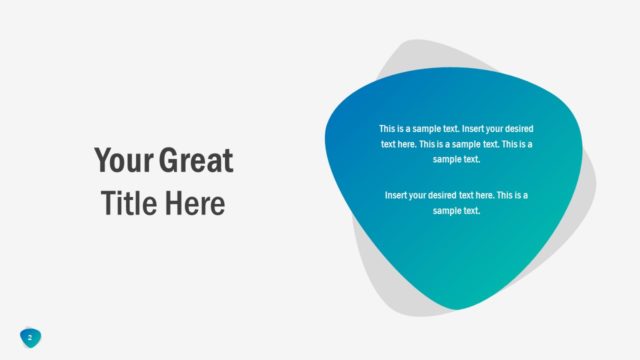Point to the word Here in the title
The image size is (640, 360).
(196, 204)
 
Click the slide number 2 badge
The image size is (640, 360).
(30, 338)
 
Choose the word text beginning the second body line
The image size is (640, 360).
(389, 144)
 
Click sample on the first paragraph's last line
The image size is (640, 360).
(449, 159)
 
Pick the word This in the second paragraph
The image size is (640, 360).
(511, 195)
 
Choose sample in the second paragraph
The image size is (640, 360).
(449, 210)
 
